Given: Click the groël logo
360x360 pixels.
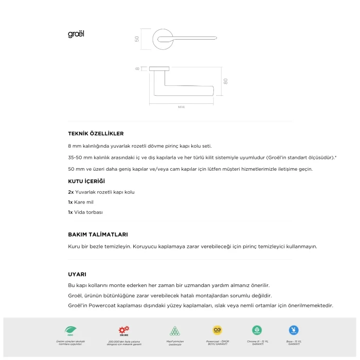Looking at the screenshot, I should tap(76, 34).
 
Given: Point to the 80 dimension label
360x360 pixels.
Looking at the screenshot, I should tap(225, 81).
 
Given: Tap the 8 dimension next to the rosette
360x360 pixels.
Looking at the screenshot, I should tap(138, 68).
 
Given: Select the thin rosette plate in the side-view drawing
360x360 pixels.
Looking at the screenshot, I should tap(159, 68).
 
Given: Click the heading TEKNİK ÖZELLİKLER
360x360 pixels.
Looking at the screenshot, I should tap(96, 134).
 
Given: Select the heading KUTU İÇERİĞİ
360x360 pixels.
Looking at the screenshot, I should tap(86, 181).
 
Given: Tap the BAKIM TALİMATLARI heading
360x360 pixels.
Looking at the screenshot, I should tap(98, 234).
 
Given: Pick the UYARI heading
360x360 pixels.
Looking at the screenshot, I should tap(77, 274).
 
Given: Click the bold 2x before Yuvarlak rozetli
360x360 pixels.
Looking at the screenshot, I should tap(71, 192).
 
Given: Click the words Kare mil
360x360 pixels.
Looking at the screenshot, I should tap(84, 202).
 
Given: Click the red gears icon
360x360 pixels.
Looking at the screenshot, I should tap(124, 330).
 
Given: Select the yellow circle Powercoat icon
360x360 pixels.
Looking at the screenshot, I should tap(217, 330).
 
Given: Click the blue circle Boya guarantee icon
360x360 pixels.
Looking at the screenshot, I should tap(294, 330).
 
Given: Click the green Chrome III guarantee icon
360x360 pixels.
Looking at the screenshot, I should tap(257, 330).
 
